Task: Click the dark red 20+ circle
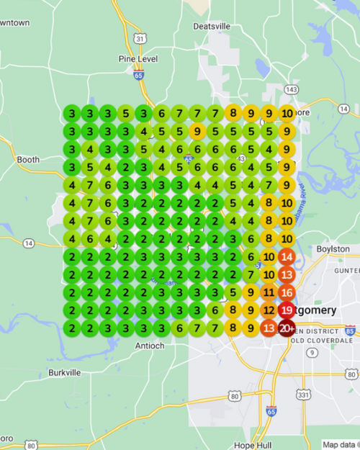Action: [287, 328]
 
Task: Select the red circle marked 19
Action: [287, 310]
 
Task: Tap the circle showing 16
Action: [287, 292]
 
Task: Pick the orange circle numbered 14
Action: [287, 257]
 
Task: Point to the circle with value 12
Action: [269, 310]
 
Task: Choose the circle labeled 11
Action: [269, 292]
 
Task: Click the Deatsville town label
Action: [212, 27]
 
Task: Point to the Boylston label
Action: [333, 249]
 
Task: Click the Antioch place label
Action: [150, 346]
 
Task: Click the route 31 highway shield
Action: [140, 38]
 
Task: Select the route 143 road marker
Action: [291, 89]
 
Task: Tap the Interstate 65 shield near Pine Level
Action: [138, 73]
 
